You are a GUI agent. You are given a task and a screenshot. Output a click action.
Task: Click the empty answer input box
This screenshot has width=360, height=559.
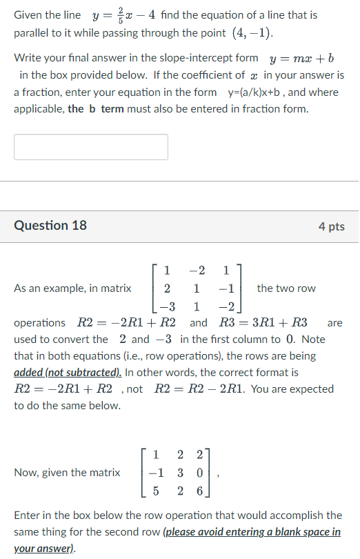coord(90,147)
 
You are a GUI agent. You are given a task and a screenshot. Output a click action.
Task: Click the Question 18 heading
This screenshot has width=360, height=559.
coord(50,226)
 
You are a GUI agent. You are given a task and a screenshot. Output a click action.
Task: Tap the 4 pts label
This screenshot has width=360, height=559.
coord(331,226)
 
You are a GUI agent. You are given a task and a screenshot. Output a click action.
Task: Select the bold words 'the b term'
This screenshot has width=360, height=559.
coord(94,109)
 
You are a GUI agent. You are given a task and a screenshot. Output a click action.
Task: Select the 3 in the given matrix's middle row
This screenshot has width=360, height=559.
coord(179,473)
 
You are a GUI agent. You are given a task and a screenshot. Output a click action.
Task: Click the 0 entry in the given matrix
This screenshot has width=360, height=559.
coord(200,473)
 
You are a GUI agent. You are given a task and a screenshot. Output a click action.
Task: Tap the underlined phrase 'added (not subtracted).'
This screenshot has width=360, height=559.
coord(68,373)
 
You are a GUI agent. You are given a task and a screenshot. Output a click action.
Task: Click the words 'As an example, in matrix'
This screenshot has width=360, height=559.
coord(72,288)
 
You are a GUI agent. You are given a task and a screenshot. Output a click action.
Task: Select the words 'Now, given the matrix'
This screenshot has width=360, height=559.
coord(67,473)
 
